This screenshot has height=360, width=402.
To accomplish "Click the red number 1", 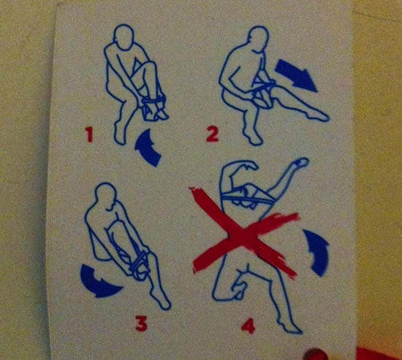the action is (89, 135).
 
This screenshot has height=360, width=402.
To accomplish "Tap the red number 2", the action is (213, 134).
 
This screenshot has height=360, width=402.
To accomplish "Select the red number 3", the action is (141, 324).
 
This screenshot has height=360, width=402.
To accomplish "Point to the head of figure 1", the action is (124, 37).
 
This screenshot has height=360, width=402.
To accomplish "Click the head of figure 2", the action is (259, 39).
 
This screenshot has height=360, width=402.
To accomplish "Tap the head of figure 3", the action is (106, 196).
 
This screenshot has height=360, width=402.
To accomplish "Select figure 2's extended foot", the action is (319, 117).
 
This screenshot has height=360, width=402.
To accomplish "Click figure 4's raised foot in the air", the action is (300, 163).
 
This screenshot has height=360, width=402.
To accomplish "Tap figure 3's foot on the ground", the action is (160, 300).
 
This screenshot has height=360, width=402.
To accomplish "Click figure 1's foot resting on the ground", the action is (120, 135).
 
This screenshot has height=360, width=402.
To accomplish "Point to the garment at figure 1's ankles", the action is (153, 107).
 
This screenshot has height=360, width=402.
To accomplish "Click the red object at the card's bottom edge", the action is (316, 354).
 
